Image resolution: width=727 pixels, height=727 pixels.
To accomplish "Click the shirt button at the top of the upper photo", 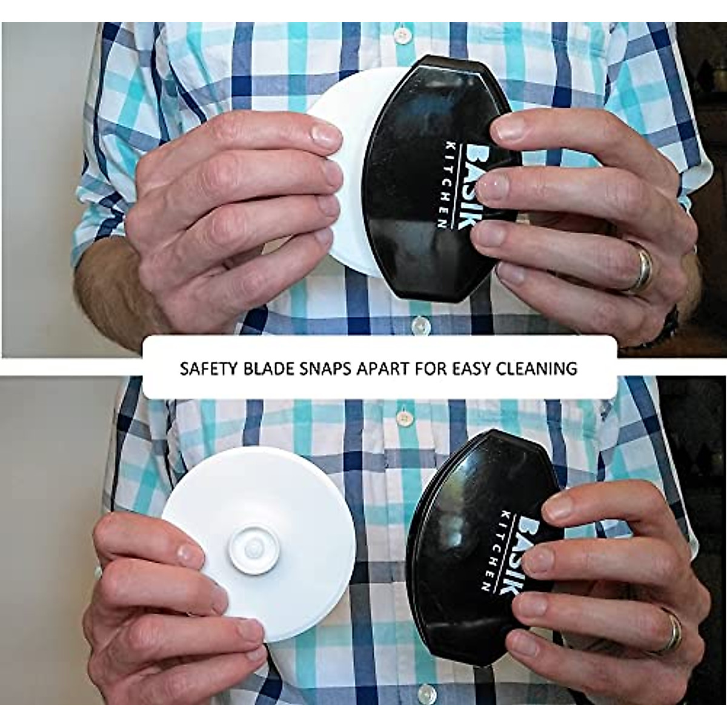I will [x=400, y=36].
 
